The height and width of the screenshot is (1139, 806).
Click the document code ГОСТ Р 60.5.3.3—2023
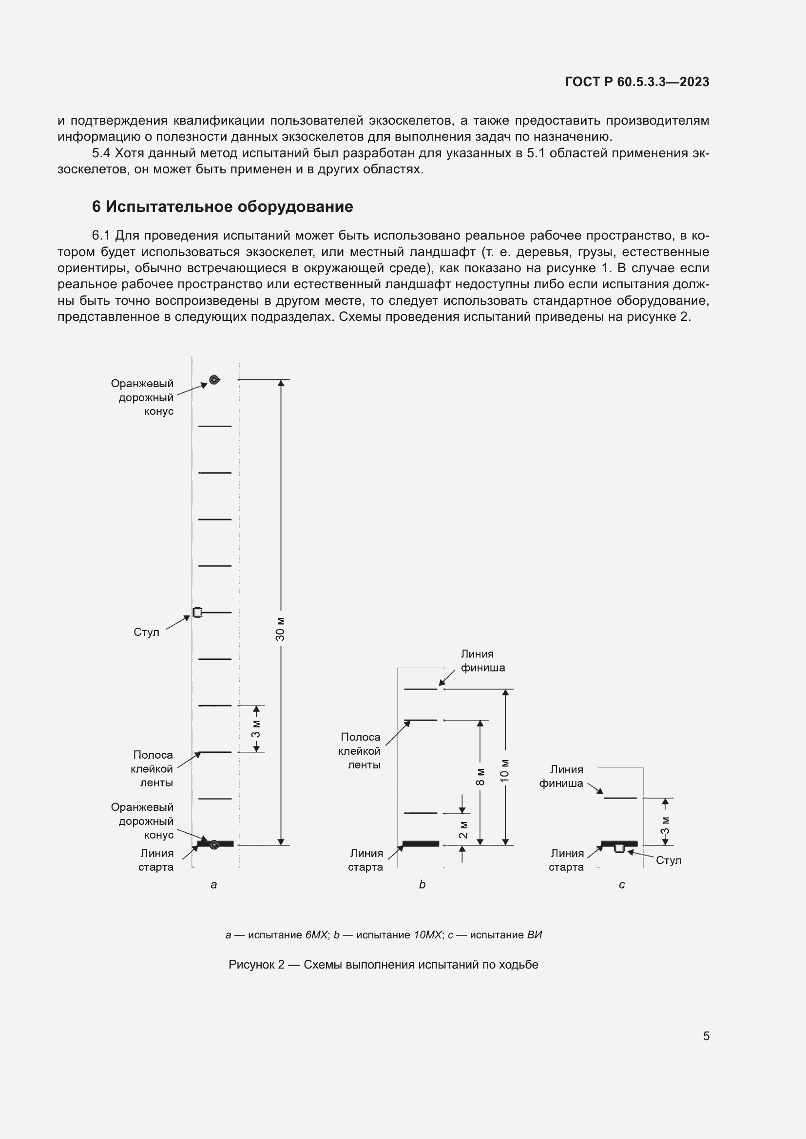click(x=637, y=82)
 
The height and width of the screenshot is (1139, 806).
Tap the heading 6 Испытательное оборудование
click(x=222, y=206)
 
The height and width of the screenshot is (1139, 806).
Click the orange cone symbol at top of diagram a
click(x=214, y=380)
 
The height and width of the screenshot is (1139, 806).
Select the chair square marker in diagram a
click(x=197, y=613)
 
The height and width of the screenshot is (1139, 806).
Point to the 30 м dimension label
click(x=280, y=629)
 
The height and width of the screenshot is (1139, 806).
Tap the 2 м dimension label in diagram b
click(x=462, y=829)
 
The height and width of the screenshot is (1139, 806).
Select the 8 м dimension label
click(x=480, y=776)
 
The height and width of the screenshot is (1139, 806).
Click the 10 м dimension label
click(x=505, y=770)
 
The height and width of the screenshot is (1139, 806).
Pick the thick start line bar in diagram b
click(x=421, y=843)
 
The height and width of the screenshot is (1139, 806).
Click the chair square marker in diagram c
click(x=619, y=849)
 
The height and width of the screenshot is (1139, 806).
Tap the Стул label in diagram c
click(x=668, y=860)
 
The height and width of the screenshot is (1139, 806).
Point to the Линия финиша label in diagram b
click(x=482, y=661)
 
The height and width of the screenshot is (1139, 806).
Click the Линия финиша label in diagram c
click(x=561, y=776)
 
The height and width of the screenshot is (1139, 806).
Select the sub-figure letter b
click(x=422, y=884)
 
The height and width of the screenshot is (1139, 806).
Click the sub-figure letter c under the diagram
click(x=621, y=884)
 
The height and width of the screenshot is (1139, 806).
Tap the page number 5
click(x=706, y=1036)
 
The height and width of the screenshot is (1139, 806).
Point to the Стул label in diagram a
click(x=146, y=632)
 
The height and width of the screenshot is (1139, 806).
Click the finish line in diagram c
click(x=620, y=798)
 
